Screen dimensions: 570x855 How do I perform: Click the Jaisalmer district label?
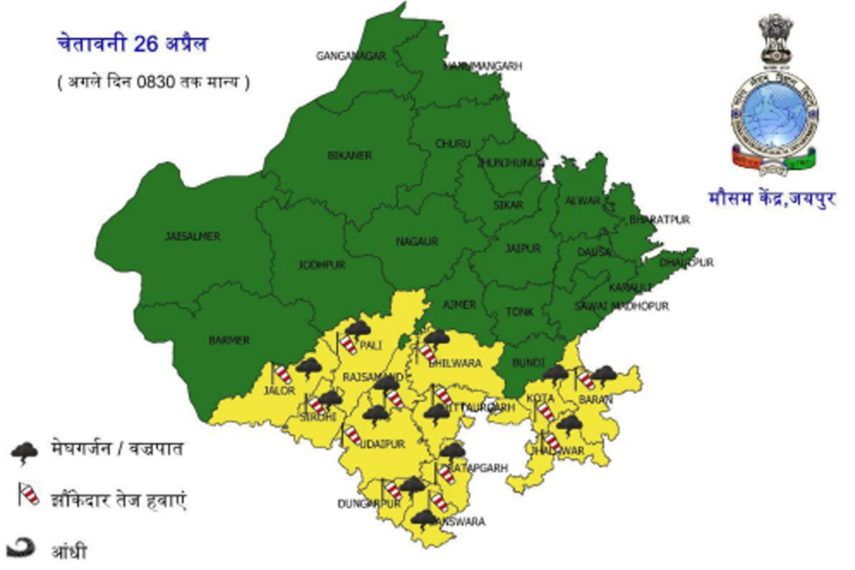[x=192, y=237]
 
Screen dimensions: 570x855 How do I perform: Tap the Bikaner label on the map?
[x=350, y=155]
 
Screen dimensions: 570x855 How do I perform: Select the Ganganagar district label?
[x=351, y=56]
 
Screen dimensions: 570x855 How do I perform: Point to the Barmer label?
[x=229, y=341]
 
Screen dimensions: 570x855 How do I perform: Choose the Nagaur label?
[x=417, y=242]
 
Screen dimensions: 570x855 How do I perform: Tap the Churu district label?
[x=453, y=144]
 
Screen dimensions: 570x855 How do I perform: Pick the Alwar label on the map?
[x=583, y=201]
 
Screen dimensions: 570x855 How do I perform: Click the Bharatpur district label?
[x=659, y=220]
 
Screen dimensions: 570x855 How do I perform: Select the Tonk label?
[x=519, y=312]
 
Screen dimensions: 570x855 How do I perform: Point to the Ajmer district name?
[x=459, y=305]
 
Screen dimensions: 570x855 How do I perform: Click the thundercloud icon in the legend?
[x=25, y=452]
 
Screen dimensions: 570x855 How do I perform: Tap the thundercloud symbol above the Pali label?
[x=358, y=328]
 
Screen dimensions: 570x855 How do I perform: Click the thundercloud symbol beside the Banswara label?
[x=424, y=519]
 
